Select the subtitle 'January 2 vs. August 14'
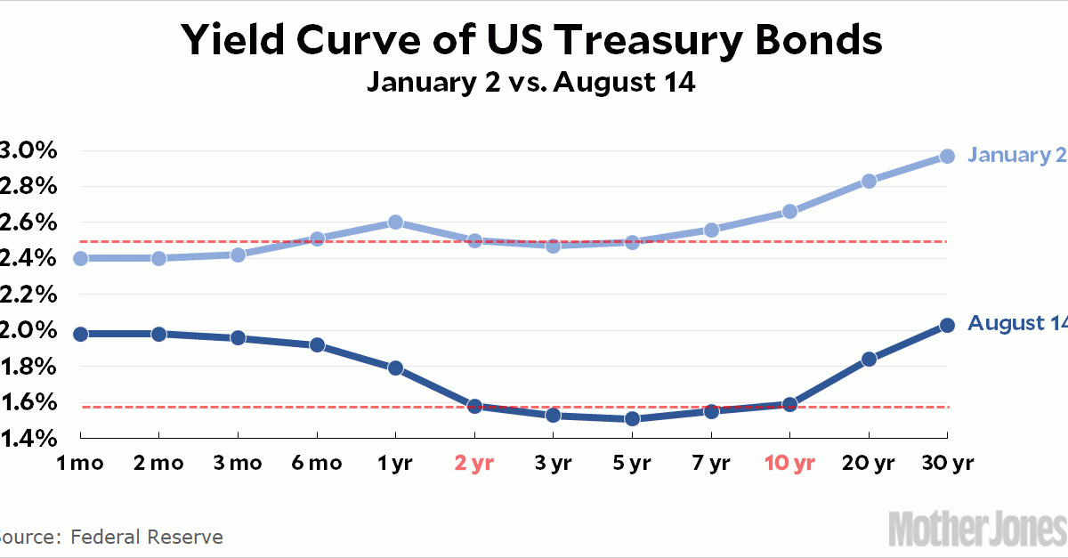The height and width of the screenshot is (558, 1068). click(x=532, y=85)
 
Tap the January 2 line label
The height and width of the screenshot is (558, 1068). click(x=1016, y=155)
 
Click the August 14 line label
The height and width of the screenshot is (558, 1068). click(x=1016, y=323)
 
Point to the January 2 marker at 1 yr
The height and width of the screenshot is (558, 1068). click(x=396, y=222)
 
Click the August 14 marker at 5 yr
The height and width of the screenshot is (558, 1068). click(x=632, y=418)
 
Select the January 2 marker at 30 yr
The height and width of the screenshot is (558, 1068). click(x=947, y=156)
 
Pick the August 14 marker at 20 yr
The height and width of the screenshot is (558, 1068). click(x=869, y=359)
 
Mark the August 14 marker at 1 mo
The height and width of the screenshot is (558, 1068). click(x=80, y=334)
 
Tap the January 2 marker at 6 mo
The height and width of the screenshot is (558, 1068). click(x=317, y=239)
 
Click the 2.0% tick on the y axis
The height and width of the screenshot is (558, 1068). click(x=28, y=330)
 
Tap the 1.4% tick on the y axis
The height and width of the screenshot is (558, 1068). click(x=28, y=438)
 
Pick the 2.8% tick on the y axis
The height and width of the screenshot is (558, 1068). click(x=28, y=186)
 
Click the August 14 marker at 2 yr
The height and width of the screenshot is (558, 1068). click(x=474, y=406)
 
